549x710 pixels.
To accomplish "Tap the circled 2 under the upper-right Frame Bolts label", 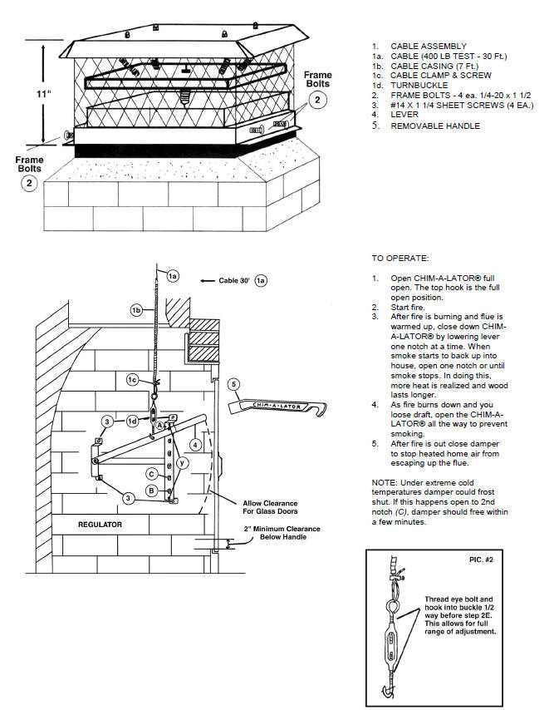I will (316, 100).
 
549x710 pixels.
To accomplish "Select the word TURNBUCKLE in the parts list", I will (419, 86).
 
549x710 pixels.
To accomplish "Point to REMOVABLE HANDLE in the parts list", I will (435, 126).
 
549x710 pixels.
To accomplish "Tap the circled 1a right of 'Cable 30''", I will (261, 281).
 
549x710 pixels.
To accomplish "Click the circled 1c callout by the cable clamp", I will (132, 379).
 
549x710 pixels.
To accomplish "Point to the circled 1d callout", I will (132, 421).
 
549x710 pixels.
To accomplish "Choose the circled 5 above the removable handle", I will (234, 383).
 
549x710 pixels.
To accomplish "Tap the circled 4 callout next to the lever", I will (195, 444).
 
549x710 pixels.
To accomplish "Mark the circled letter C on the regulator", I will (153, 474).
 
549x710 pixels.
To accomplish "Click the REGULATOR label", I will (100, 525).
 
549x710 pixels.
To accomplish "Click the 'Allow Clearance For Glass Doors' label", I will (266, 506).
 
